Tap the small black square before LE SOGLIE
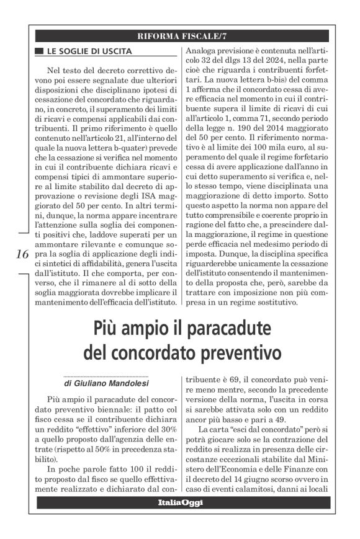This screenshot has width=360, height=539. coord(39,49)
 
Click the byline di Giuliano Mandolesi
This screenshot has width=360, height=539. coord(106,383)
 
